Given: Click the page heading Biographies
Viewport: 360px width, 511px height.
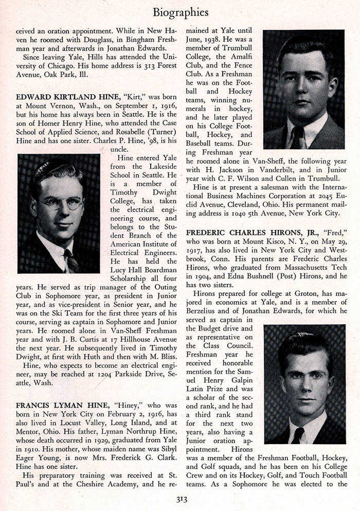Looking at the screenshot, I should pos(180,11).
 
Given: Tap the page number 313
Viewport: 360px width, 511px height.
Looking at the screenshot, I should pos(180,498).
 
